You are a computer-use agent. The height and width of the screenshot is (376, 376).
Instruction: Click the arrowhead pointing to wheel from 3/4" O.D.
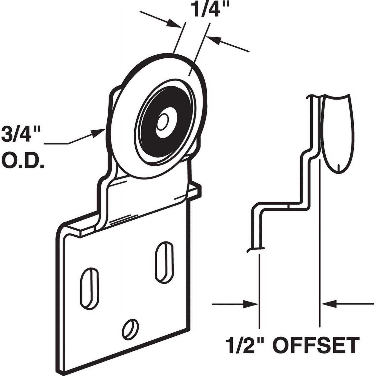tap(99, 133)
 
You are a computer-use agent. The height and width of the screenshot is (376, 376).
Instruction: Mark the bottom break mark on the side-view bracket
tap(256, 249)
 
